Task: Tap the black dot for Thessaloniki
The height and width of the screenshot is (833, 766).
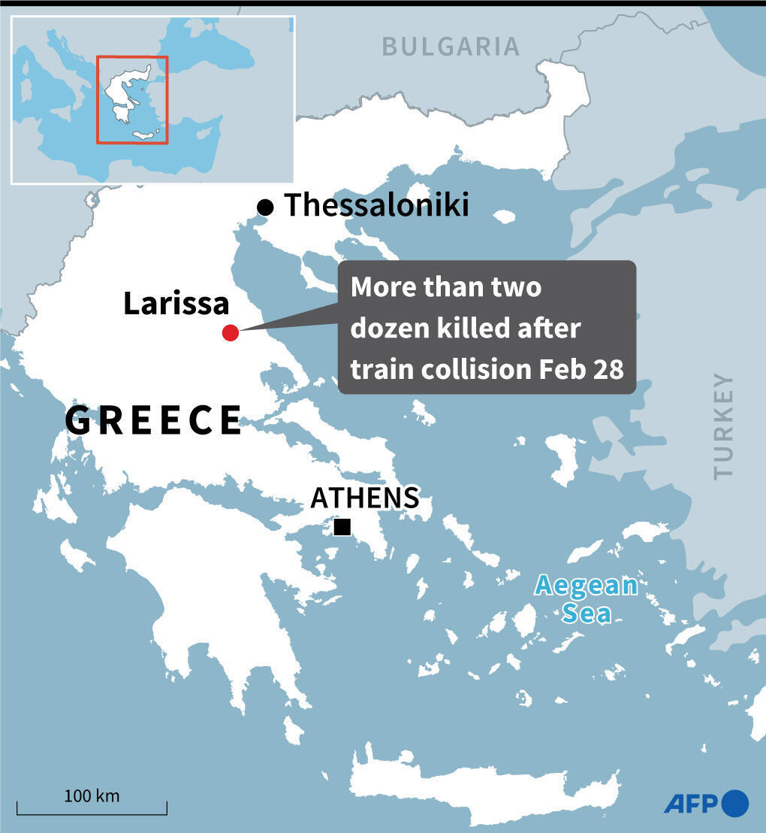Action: (264, 207)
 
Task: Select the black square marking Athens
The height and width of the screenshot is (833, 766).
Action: (342, 527)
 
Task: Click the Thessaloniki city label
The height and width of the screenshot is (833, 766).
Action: (376, 205)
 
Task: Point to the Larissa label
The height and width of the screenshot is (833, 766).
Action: (176, 304)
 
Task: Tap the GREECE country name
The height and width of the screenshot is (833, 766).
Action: (154, 420)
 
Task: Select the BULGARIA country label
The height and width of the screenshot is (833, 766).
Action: (451, 47)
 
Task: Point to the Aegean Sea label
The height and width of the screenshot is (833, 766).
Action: (586, 599)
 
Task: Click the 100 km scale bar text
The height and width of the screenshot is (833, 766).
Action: (92, 795)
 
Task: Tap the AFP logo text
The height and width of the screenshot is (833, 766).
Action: (691, 803)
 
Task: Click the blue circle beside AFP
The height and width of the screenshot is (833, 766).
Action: (735, 803)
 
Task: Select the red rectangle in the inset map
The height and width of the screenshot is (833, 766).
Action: (132, 99)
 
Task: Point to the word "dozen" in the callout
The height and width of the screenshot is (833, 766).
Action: (389, 329)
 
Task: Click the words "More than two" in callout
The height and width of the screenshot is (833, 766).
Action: (445, 287)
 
